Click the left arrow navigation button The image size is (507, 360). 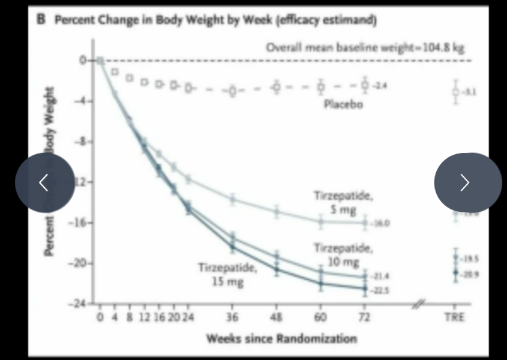point(44,182)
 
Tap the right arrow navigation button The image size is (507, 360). point(467,182)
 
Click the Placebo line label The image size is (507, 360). point(343,104)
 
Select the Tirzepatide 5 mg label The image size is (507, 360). point(343,203)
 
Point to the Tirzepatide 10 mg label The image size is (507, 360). point(343,255)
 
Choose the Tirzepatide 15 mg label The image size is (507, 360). point(227,274)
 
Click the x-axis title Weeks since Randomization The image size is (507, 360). point(281,338)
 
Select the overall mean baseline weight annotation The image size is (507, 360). point(365,47)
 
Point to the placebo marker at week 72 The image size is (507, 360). point(365,85)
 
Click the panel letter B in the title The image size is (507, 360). point(41,19)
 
